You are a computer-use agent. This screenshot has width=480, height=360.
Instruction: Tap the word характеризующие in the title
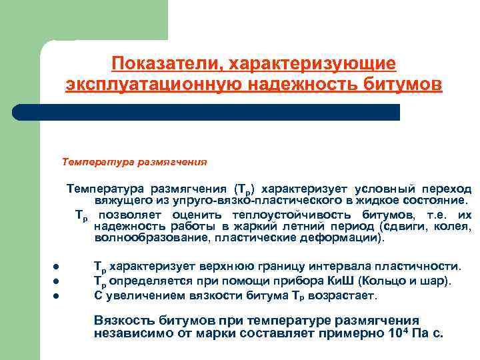tap(313, 63)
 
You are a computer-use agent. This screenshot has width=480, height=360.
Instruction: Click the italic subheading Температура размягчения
tap(134, 162)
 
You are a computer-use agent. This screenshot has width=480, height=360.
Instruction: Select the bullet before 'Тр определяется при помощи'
tap(58, 281)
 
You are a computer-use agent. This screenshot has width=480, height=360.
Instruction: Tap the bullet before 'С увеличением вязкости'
tap(58, 295)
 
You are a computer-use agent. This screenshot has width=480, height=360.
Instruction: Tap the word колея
tap(453, 226)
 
